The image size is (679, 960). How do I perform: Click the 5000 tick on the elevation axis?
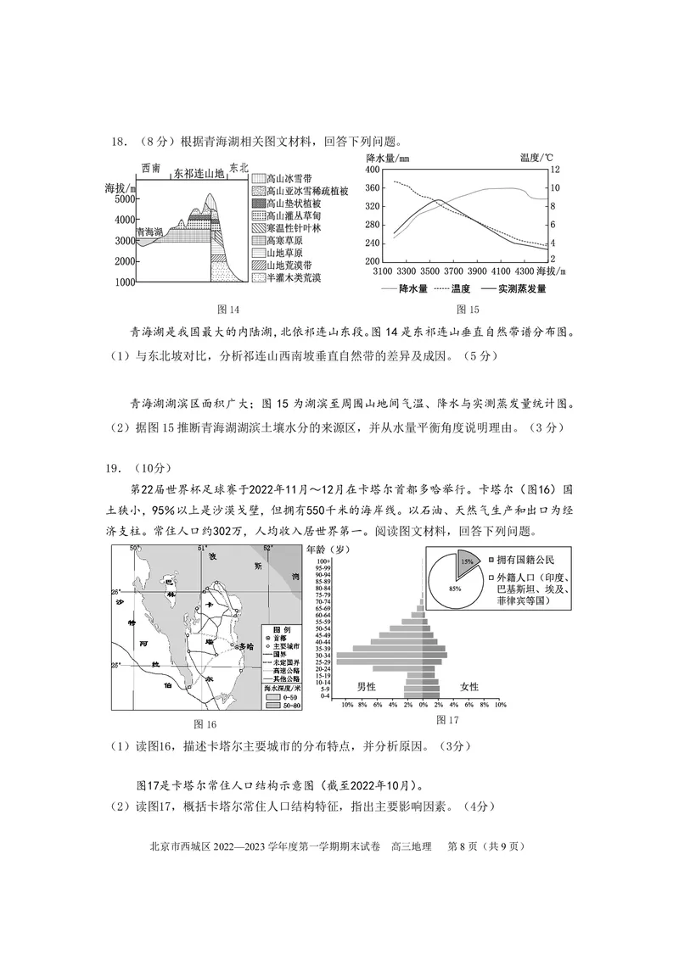(x=123, y=199)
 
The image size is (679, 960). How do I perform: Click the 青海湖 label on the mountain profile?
(x=149, y=231)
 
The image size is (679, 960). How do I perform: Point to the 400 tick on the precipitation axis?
(x=372, y=170)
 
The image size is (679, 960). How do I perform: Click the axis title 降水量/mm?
(x=387, y=159)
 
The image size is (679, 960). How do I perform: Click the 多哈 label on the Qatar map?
(x=245, y=646)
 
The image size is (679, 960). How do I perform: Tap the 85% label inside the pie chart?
(x=455, y=589)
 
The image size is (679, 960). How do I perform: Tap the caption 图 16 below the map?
(x=205, y=723)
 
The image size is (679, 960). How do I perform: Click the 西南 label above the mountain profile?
(x=152, y=170)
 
